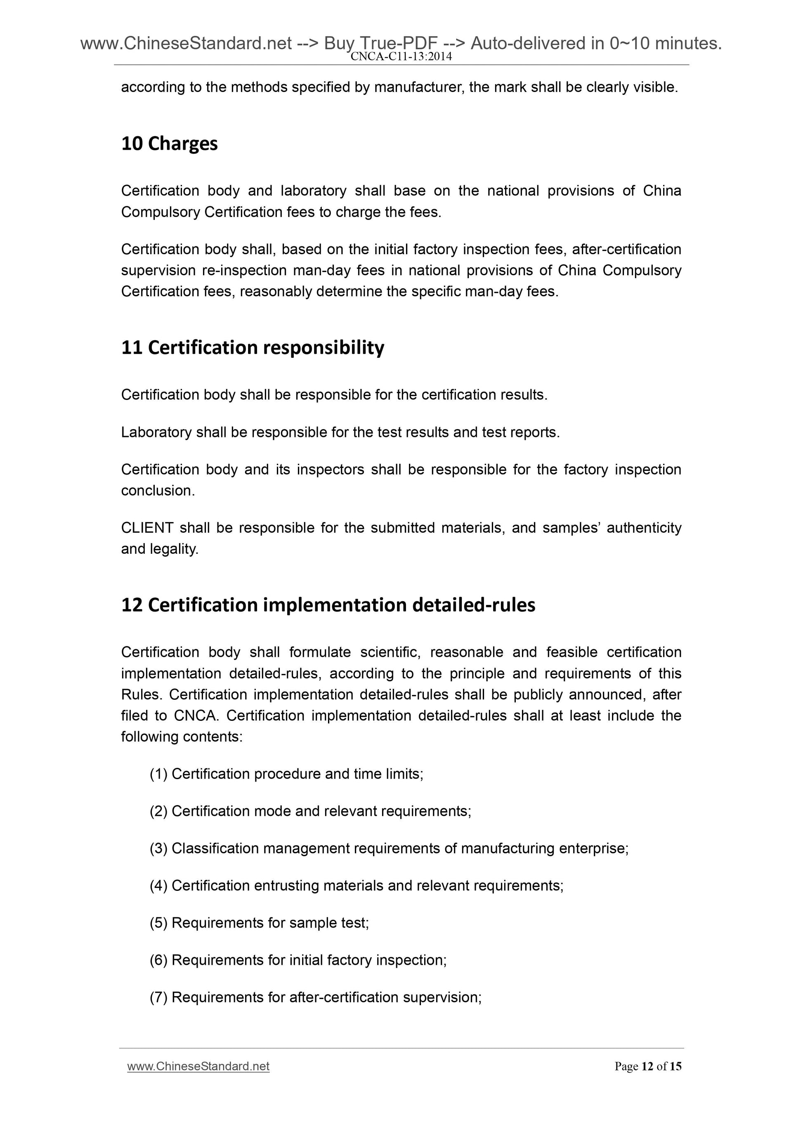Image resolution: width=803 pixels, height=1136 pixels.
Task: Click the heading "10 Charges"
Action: (169, 144)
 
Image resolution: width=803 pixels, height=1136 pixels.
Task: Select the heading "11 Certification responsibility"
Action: (252, 347)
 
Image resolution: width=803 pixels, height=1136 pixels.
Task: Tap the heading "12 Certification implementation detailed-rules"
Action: (328, 605)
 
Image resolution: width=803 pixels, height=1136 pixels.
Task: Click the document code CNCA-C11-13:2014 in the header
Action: (401, 57)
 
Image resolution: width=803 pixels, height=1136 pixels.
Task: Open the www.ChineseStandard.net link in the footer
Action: (198, 1066)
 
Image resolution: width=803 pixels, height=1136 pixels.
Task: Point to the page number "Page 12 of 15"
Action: (648, 1066)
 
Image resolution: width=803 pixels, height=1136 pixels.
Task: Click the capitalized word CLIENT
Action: (147, 528)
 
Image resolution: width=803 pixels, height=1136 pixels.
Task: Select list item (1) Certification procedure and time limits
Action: (286, 774)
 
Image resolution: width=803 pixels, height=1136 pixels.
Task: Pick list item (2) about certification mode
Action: (310, 811)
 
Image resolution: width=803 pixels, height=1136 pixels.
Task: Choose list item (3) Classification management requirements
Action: (389, 848)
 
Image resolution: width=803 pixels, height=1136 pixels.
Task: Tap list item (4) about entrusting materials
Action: (356, 885)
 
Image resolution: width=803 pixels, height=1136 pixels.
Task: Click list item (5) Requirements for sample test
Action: (259, 923)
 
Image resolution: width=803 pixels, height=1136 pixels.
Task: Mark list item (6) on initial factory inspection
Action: (298, 960)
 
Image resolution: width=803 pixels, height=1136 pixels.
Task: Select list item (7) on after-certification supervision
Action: (315, 997)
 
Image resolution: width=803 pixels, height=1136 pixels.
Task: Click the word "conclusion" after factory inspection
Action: (157, 491)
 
